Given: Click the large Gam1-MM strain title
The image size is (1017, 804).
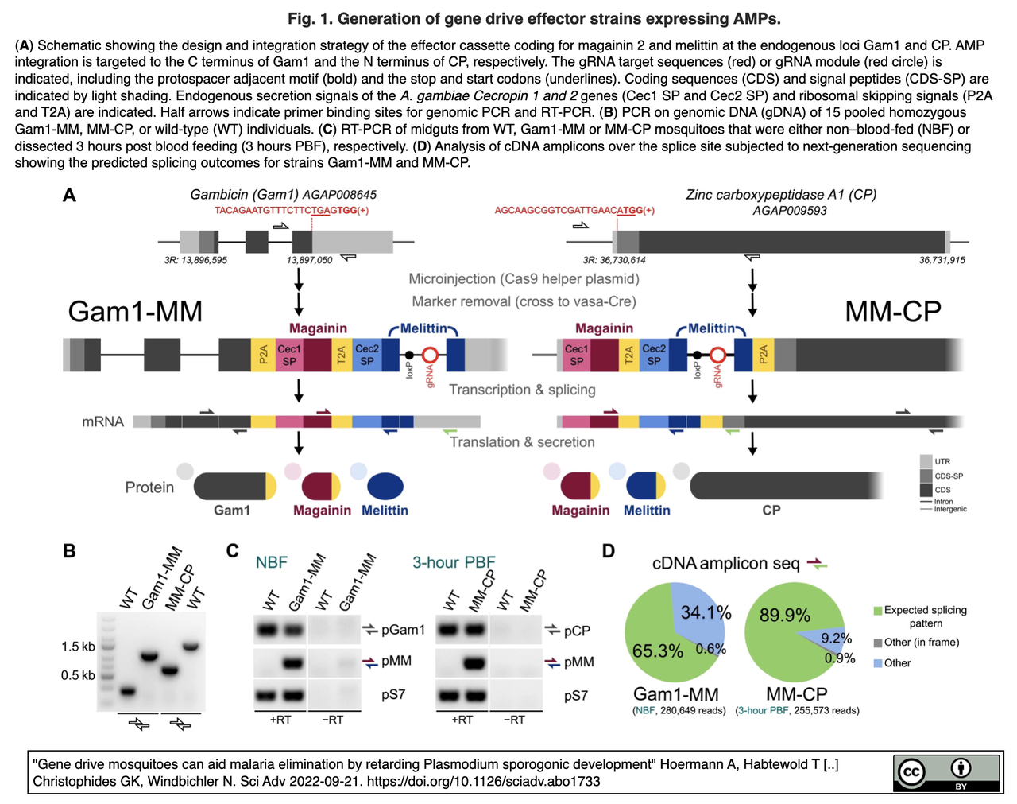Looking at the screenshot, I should coord(135,311).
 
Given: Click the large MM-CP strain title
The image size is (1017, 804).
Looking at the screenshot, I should coord(893,312).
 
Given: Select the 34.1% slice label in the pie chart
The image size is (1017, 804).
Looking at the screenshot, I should coord(706,612).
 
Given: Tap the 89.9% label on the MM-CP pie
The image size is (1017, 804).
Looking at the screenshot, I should coord(784,616).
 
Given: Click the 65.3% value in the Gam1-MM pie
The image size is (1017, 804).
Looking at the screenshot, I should coord(657,651).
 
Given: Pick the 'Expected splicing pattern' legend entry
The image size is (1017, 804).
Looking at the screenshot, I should coord(925,616).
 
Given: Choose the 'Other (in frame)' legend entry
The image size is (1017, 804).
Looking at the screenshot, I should coord(921,643).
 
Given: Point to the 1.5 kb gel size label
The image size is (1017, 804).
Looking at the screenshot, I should coord(78,647).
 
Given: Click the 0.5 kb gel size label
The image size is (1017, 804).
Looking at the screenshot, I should coord(78,675).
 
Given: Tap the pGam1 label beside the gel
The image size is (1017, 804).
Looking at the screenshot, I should coord(403,630).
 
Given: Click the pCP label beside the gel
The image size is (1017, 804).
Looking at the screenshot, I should coord(577,631).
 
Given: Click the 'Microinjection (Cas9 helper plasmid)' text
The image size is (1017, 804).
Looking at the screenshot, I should coord(524,279).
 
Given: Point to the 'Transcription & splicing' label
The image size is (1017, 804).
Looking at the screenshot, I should coord(522,390).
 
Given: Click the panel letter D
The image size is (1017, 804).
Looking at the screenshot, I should coord(609,551).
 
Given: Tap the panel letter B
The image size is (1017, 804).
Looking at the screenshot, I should coord(69,551).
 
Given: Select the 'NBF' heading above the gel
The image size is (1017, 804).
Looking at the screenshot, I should coord(271,562).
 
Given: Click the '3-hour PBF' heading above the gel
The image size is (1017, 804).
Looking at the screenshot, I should coord(454,562).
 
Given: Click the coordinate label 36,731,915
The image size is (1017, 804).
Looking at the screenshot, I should coord(942,260).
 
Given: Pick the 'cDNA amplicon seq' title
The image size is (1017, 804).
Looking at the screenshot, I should coord(725,564).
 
